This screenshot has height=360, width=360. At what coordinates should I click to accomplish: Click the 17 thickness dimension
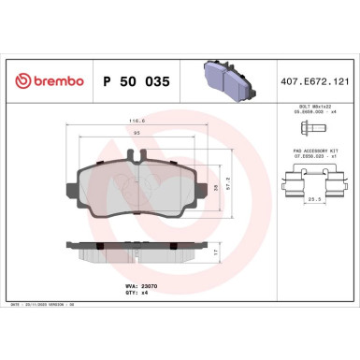[x=218, y=253]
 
